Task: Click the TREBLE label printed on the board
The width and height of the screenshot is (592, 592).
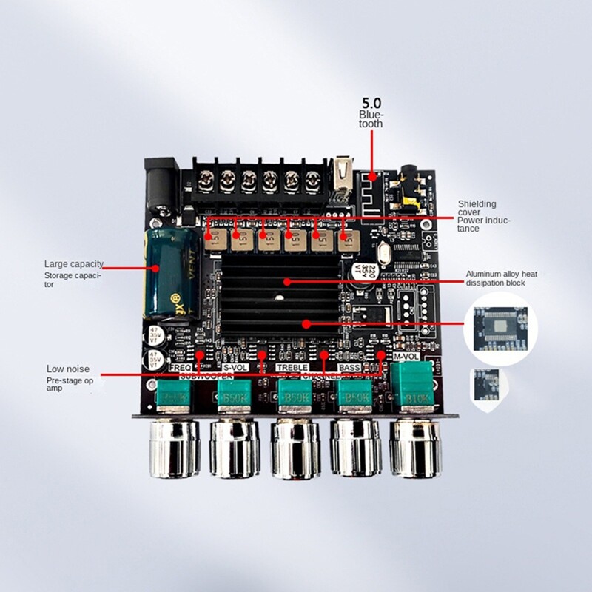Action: click(x=292, y=367)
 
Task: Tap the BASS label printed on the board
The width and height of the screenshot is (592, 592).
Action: click(x=349, y=367)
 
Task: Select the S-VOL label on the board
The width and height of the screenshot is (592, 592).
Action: click(x=236, y=367)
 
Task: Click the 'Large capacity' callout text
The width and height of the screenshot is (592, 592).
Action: click(x=73, y=264)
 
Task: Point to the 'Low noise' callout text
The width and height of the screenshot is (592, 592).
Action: click(x=68, y=369)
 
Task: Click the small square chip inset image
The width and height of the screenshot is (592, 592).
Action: click(x=490, y=386)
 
